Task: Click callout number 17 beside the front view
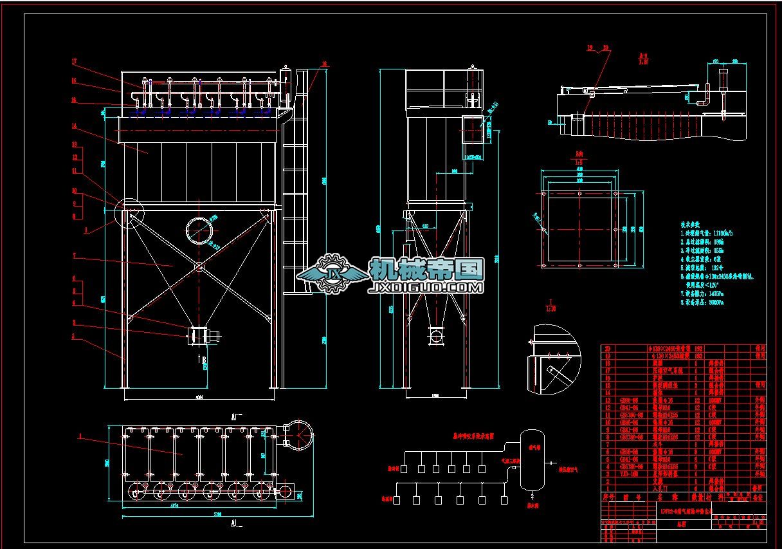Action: (x=75, y=62)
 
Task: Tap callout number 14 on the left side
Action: (x=75, y=126)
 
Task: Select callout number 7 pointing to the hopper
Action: (x=75, y=256)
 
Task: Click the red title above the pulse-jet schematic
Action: (x=471, y=436)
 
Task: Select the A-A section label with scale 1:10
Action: (x=642, y=59)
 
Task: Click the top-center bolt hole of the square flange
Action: (x=579, y=193)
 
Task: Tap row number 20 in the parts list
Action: (x=606, y=348)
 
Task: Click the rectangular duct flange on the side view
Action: (x=474, y=130)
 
